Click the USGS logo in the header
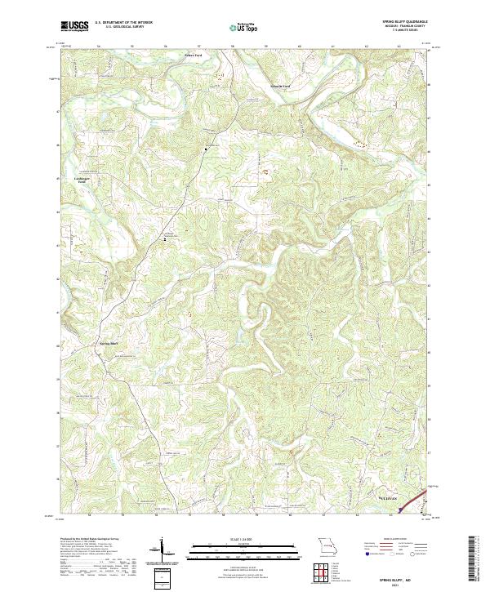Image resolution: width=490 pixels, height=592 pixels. [74, 27]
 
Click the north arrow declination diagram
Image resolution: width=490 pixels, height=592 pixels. [163, 551]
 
